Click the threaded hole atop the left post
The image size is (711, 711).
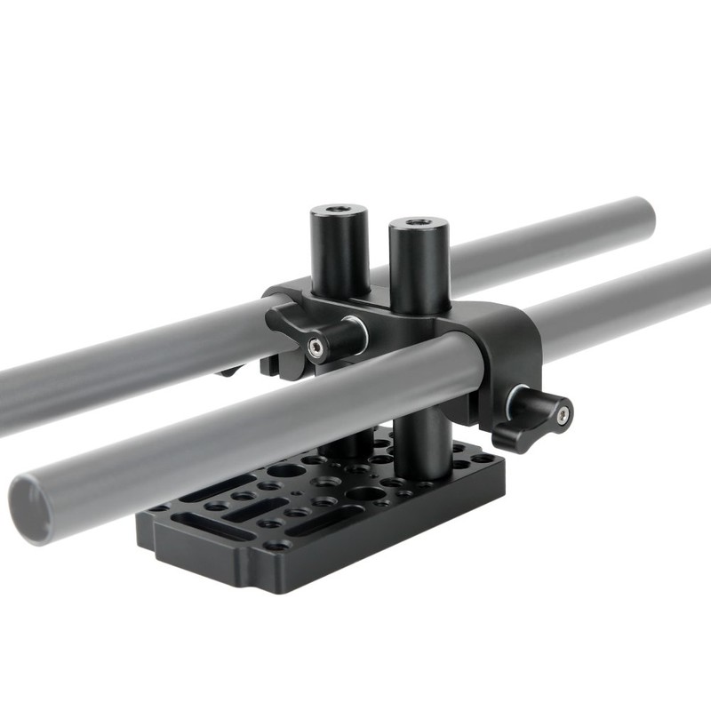click(338, 210)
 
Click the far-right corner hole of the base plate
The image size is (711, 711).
click(484, 459)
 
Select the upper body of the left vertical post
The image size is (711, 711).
click(340, 253)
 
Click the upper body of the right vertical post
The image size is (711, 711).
click(419, 267)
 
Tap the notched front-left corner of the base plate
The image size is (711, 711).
click(151, 533)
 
